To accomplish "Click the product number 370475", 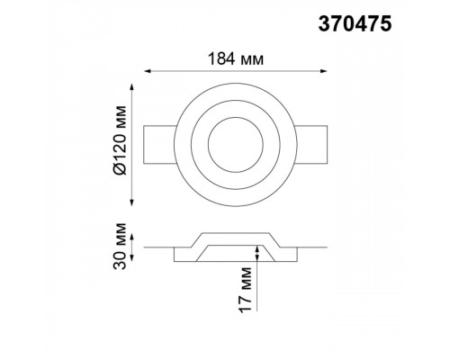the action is [355, 24].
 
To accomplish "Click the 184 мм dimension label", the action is [236, 58].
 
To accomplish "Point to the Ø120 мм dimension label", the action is [121, 139].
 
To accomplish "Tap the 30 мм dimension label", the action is [121, 246].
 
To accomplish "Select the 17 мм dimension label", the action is [245, 290].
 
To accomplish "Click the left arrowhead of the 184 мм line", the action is [148, 71].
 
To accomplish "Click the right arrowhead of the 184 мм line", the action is [324, 71].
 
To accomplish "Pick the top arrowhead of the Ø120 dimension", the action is [131, 87].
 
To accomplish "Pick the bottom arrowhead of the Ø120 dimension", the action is [131, 202].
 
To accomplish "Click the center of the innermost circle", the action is [236, 145].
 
